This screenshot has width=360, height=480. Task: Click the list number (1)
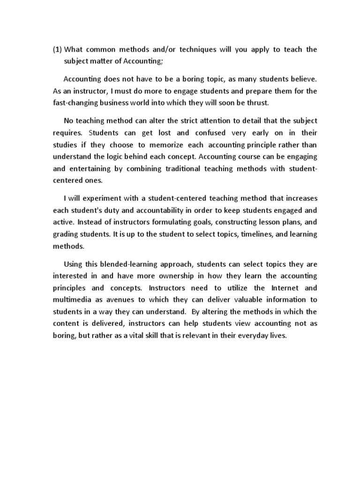coord(57,50)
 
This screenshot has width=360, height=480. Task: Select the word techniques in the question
coord(197,50)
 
